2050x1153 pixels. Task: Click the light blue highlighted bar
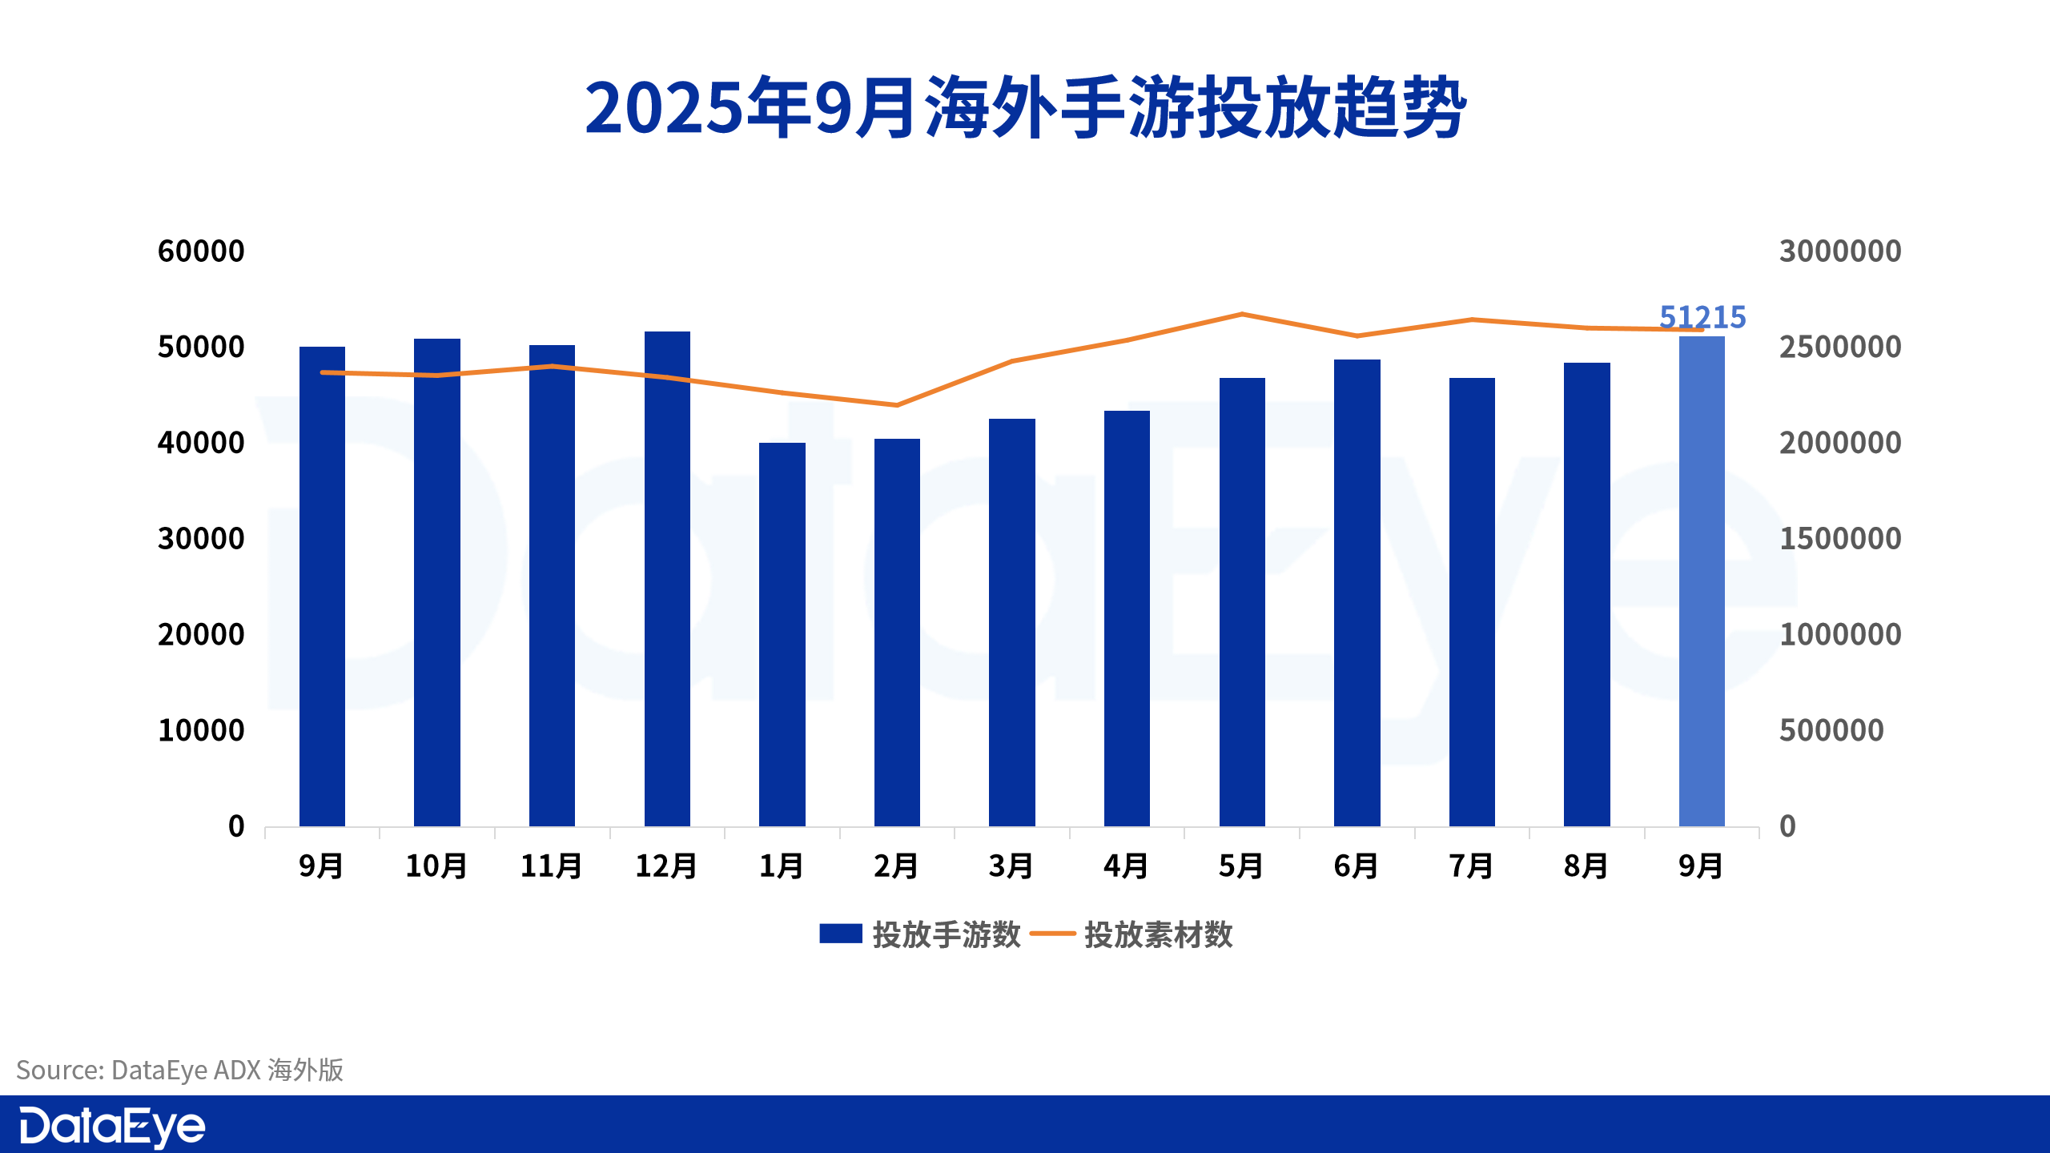(x=1702, y=581)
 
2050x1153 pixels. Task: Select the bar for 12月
(x=667, y=578)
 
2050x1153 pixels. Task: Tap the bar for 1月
(x=782, y=634)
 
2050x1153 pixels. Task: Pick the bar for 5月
(x=1242, y=602)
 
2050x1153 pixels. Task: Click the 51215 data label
(x=1702, y=317)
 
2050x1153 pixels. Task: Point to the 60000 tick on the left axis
(x=201, y=251)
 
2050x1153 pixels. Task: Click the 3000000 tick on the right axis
(x=1840, y=251)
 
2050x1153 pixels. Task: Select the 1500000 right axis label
(x=1840, y=539)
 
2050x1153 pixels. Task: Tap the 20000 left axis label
(x=201, y=635)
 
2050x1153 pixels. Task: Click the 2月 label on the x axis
(x=896, y=866)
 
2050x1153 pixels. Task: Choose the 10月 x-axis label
(x=436, y=866)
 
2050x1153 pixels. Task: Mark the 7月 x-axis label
(x=1471, y=866)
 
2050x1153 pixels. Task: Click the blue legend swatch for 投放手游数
(x=840, y=934)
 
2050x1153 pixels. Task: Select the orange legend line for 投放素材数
(x=1052, y=934)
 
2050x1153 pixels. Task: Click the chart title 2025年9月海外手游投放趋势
(x=1025, y=108)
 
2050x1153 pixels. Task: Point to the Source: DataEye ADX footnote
(x=180, y=1070)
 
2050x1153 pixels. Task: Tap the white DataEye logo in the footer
(x=112, y=1127)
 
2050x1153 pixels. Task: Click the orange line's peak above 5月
(x=1242, y=314)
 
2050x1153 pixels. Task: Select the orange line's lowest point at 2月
(x=896, y=405)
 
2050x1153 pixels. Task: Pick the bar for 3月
(x=1012, y=622)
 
